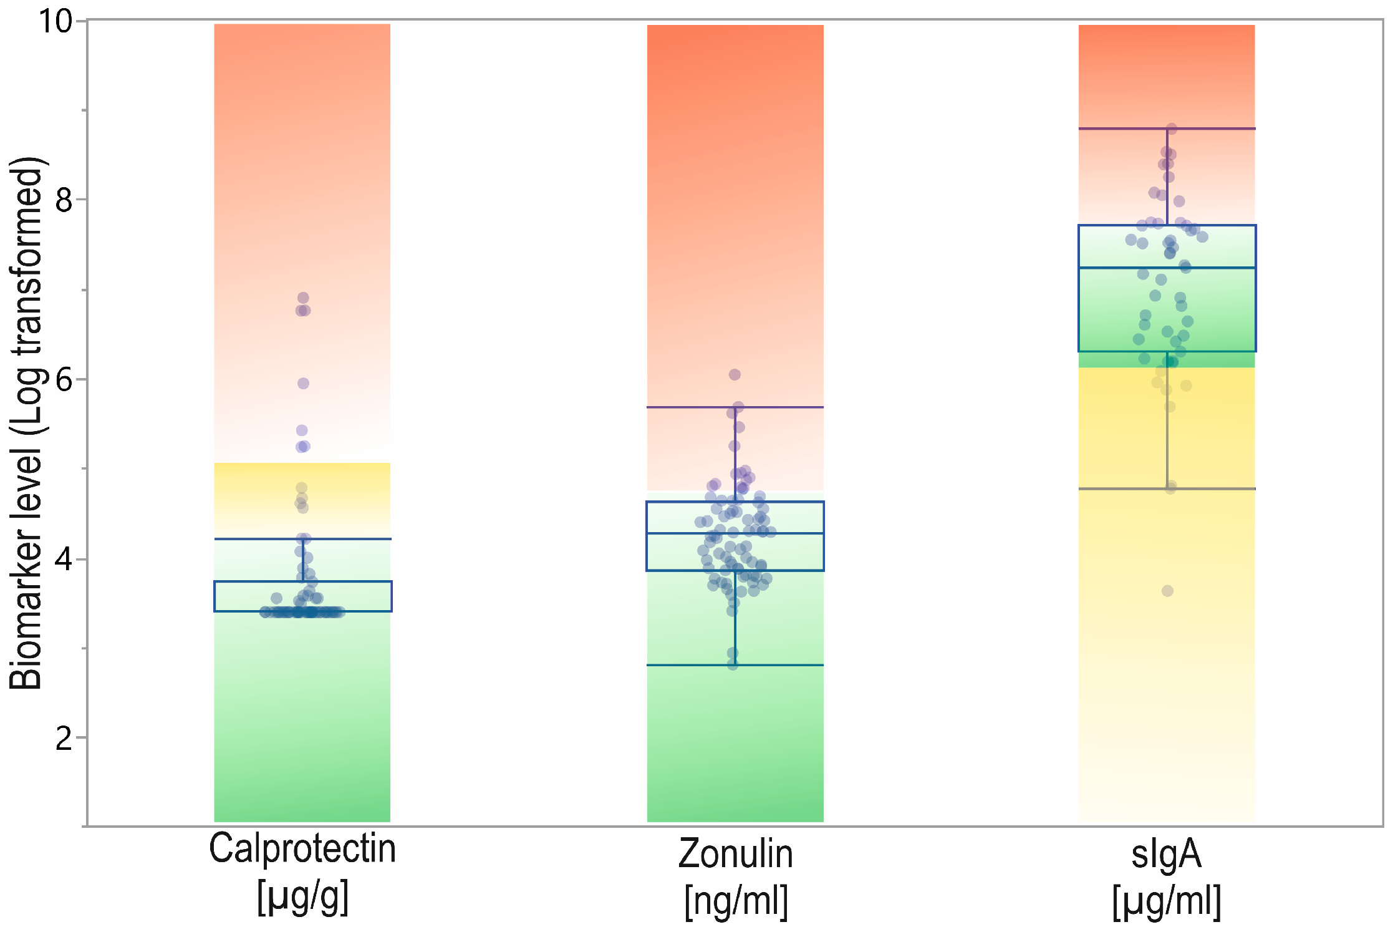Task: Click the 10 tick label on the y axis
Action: point(55,21)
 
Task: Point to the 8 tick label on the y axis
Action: point(64,200)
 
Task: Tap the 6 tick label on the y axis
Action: point(64,379)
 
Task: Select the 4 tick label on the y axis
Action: point(64,559)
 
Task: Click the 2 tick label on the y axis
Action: point(64,738)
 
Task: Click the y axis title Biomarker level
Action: point(26,423)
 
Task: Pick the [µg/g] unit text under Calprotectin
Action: point(302,897)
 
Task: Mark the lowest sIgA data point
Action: point(1167,590)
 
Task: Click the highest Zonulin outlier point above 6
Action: point(735,374)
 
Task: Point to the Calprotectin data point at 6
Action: point(303,383)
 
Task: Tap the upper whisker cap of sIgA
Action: point(1167,129)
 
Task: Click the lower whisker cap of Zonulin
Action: point(735,665)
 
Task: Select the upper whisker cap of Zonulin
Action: point(735,407)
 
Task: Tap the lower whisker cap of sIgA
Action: point(1167,488)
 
